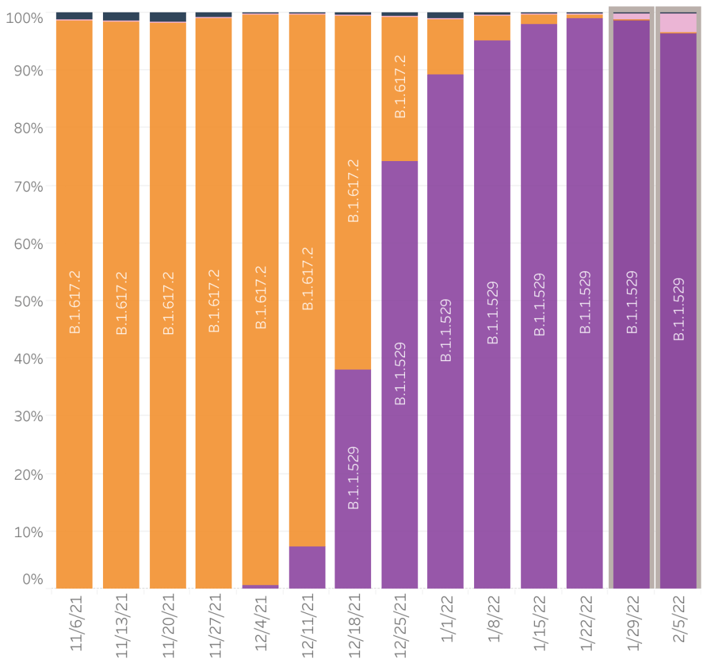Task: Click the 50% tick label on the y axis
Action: pyautogui.click(x=25, y=301)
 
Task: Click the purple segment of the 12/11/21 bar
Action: pyautogui.click(x=307, y=567)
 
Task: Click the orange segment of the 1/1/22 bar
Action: pyautogui.click(x=446, y=46)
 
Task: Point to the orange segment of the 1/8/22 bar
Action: pyautogui.click(x=492, y=28)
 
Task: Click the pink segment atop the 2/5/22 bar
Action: pyautogui.click(x=679, y=23)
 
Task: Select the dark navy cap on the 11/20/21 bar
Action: pyautogui.click(x=168, y=17)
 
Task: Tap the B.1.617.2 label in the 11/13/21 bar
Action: pyautogui.click(x=122, y=303)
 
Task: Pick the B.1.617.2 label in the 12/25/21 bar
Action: pyautogui.click(x=399, y=84)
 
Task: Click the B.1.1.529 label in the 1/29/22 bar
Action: pyautogui.click(x=632, y=302)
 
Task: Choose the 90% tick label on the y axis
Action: pyautogui.click(x=25, y=71)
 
